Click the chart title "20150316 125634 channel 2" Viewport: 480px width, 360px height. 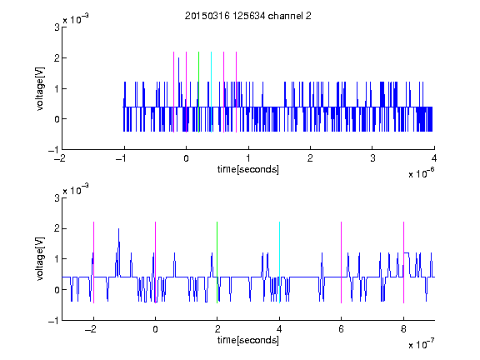point(248,16)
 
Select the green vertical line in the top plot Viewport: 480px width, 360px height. point(198,92)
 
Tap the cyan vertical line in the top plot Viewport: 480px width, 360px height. point(211,92)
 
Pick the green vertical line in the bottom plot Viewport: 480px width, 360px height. point(217,262)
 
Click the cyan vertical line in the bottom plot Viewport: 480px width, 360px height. point(279,262)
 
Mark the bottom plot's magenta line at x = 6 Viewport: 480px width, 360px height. point(342,262)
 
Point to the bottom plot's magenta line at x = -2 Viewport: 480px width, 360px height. point(93,262)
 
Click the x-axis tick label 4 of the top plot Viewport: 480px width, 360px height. point(434,158)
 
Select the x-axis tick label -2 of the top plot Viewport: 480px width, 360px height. point(60,158)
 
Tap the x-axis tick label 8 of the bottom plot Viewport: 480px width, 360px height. point(403,329)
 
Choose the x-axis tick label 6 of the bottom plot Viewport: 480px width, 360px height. point(342,329)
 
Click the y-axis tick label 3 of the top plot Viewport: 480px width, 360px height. point(57,27)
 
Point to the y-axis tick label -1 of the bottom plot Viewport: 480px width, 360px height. point(54,321)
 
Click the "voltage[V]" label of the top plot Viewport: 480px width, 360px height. point(40,89)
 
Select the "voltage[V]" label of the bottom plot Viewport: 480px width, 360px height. point(40,259)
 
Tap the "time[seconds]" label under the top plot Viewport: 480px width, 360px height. point(248,169)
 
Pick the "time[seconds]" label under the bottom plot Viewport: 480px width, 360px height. point(248,340)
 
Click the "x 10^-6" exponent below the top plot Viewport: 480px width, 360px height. point(421,172)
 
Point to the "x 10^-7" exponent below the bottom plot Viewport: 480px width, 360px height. point(421,343)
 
